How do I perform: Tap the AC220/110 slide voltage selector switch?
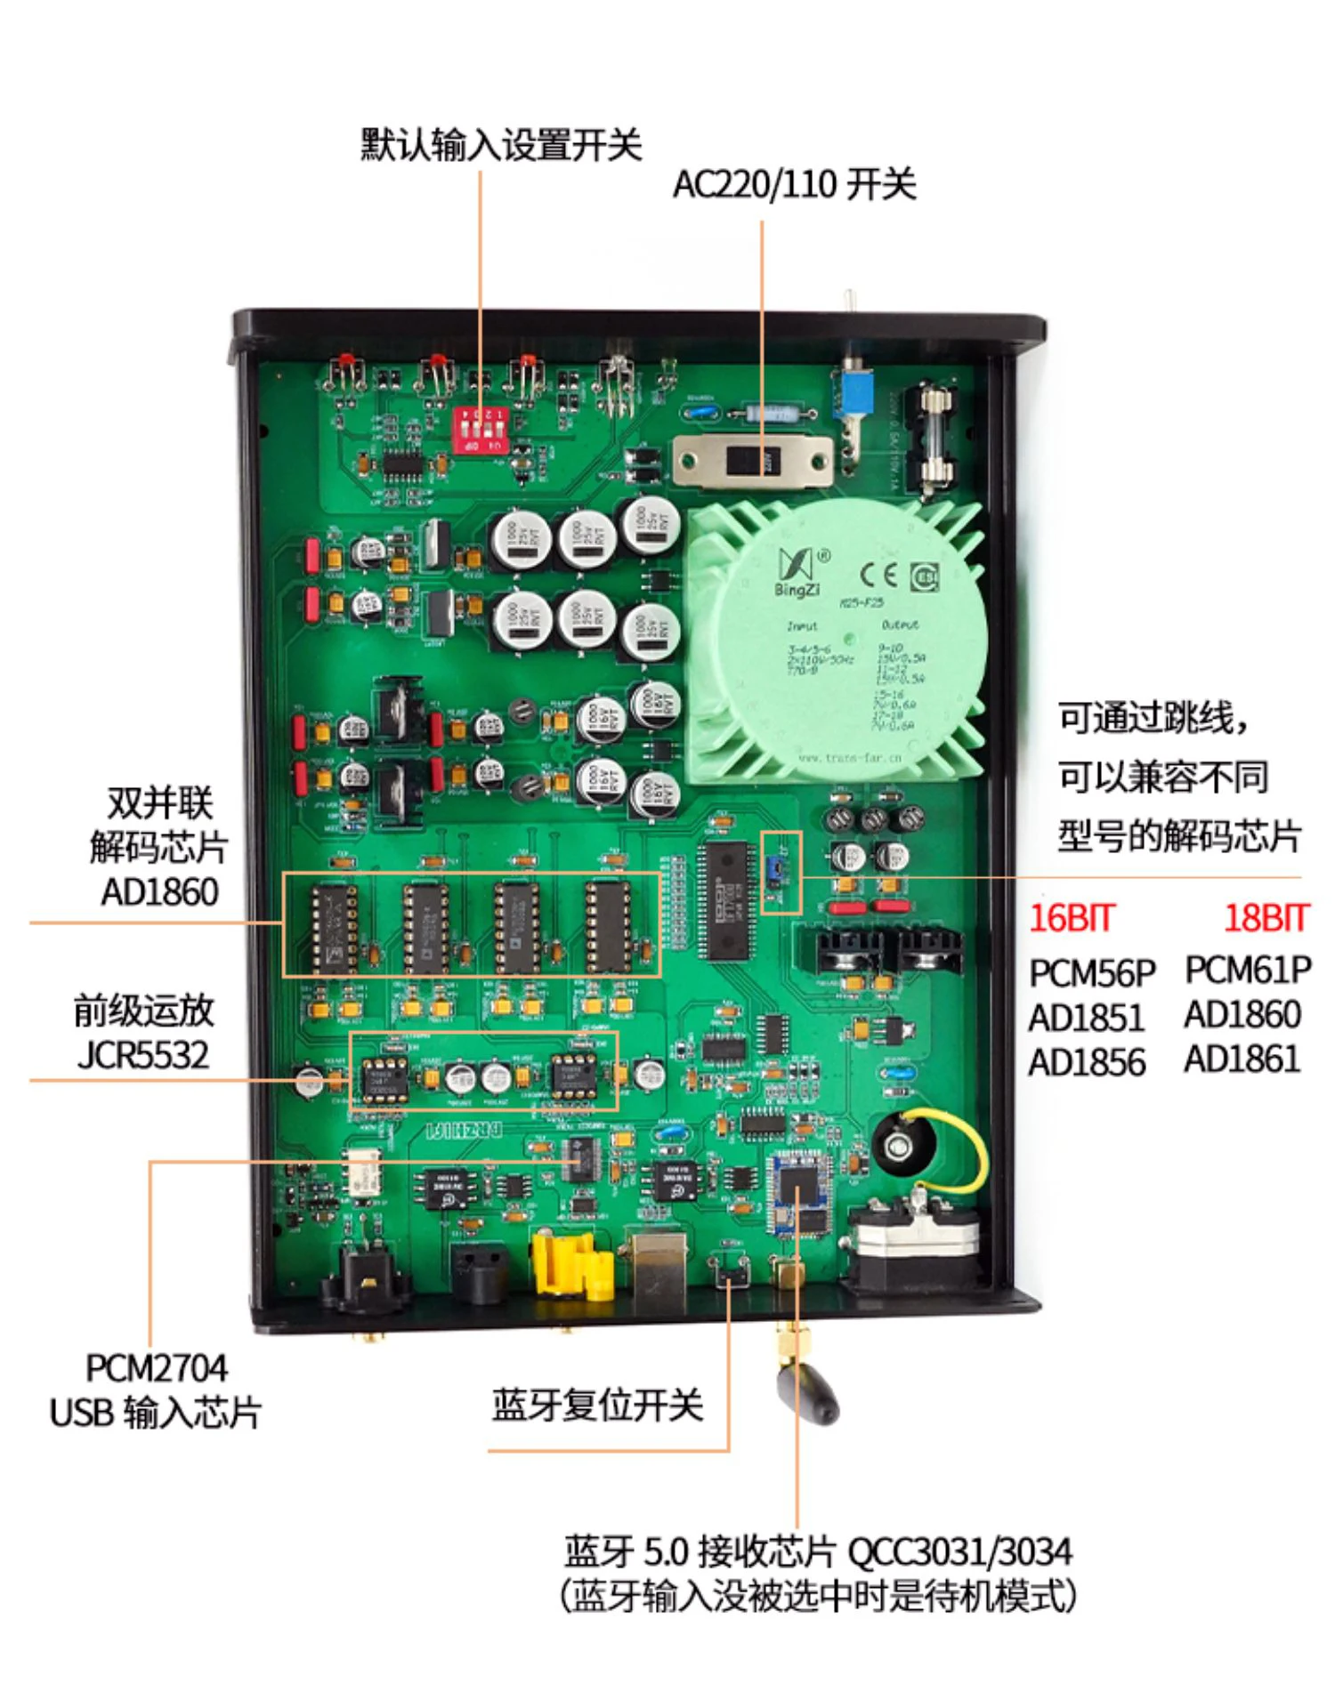[x=752, y=461]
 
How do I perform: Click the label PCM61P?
[x=1248, y=970]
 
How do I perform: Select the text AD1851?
[x=1086, y=1017]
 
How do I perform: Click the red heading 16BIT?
[x=1071, y=917]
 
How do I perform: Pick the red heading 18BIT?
[x=1266, y=917]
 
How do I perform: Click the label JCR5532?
[x=143, y=1056]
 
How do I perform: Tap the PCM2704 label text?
[x=157, y=1367]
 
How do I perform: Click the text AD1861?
[x=1242, y=1059]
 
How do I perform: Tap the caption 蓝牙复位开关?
[x=597, y=1406]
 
